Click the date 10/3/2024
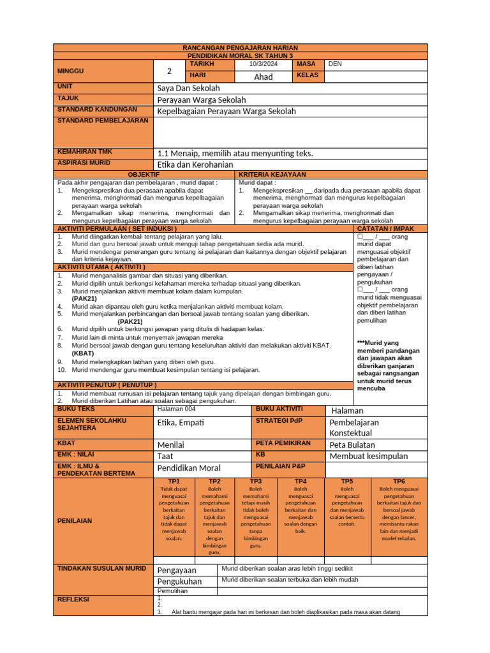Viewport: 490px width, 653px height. pyautogui.click(x=264, y=64)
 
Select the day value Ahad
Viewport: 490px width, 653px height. pyautogui.click(x=264, y=77)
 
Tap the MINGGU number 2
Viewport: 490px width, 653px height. pyautogui.click(x=169, y=71)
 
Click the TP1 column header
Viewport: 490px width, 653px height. pyautogui.click(x=174, y=481)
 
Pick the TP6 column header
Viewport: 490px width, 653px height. pyautogui.click(x=399, y=481)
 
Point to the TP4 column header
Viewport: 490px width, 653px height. pyautogui.click(x=301, y=481)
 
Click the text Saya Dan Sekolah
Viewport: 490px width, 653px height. pyautogui.click(x=188, y=88)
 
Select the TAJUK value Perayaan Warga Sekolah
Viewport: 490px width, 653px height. pyautogui.click(x=201, y=99)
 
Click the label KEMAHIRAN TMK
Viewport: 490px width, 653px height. pyautogui.click(x=85, y=152)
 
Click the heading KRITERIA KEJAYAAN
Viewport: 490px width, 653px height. pyautogui.click(x=272, y=174)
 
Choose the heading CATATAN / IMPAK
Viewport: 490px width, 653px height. pyautogui.click(x=386, y=228)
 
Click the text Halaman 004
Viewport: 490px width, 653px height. pyautogui.click(x=176, y=409)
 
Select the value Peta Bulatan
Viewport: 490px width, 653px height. pyautogui.click(x=352, y=444)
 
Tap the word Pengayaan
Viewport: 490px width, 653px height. pyautogui.click(x=177, y=570)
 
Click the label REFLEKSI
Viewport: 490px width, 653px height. pyautogui.click(x=73, y=599)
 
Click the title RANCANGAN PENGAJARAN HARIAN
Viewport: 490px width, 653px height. pyautogui.click(x=241, y=48)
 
